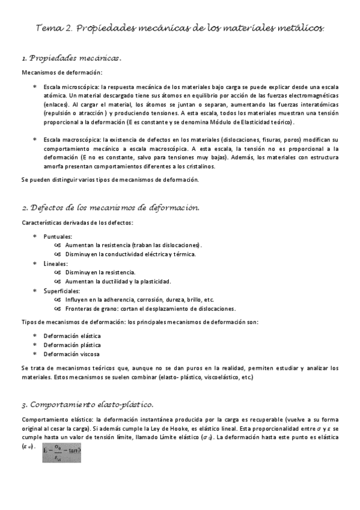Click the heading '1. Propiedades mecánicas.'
point(72,59)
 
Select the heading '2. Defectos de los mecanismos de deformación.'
point(110,207)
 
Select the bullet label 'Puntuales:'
point(58,237)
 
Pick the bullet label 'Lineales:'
point(56,263)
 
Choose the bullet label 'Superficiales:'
point(62,290)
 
